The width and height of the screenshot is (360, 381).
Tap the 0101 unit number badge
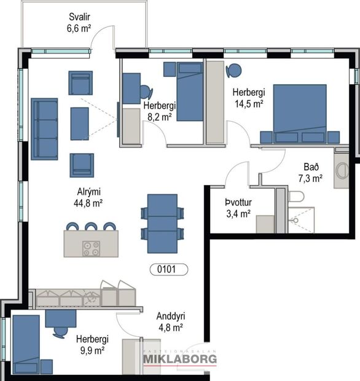click(169, 270)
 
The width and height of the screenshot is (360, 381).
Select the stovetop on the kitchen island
click(91, 249)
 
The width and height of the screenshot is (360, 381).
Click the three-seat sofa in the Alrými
click(44, 129)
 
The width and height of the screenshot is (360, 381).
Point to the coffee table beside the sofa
click(80, 124)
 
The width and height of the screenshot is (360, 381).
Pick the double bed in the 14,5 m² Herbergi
click(300, 114)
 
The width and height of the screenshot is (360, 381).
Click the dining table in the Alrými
click(162, 224)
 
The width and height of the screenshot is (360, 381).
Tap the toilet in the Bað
click(296, 196)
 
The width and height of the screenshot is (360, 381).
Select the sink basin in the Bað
click(342, 171)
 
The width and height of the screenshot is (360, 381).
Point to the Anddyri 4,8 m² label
click(171, 322)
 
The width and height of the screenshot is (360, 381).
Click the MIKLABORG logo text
click(180, 359)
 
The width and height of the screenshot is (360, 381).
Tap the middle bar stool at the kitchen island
click(91, 227)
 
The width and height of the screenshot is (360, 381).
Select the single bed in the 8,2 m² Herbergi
click(190, 92)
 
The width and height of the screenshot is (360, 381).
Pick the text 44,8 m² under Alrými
click(88, 203)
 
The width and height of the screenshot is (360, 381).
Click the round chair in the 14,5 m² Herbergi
click(233, 71)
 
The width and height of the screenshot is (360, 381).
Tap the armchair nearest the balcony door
click(80, 83)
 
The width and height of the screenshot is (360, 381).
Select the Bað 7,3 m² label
click(311, 173)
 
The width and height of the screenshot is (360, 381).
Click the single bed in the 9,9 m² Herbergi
click(26, 345)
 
